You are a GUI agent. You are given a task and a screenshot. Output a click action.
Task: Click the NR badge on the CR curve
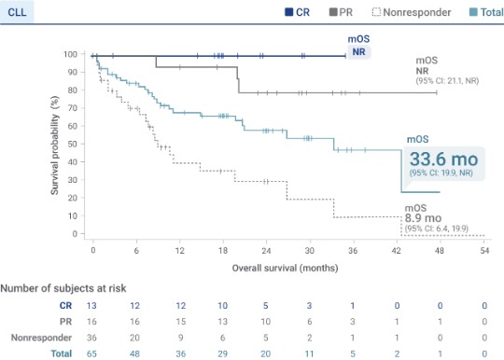click(358, 52)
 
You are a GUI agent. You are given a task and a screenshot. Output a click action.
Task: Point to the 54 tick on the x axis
click(484, 251)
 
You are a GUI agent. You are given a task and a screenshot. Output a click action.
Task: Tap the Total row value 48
click(136, 354)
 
